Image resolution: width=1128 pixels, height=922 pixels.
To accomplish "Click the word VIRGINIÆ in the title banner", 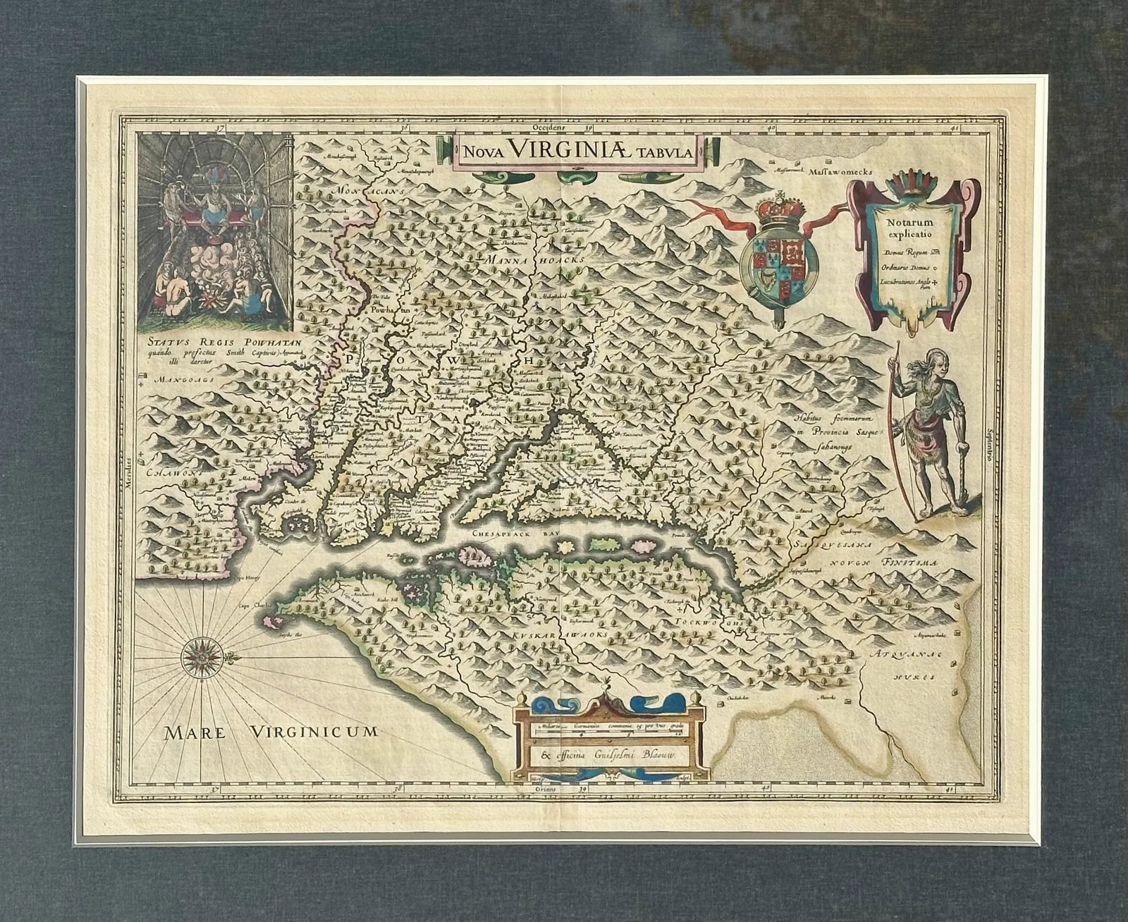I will (x=577, y=149).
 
